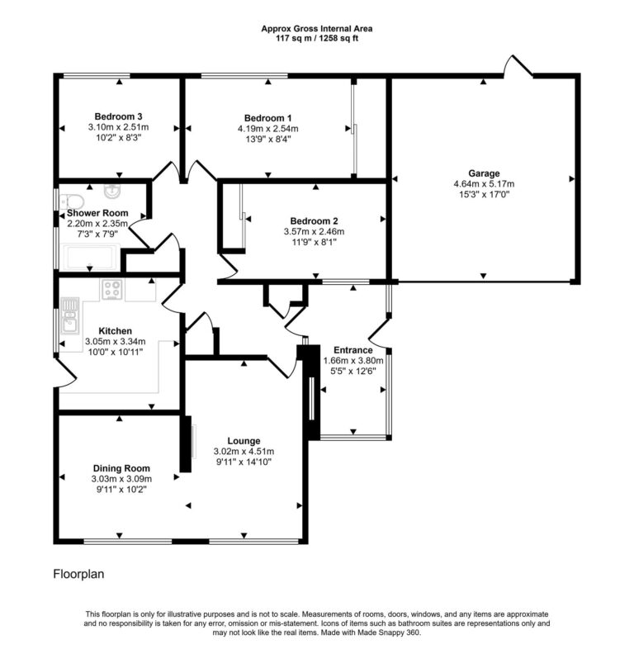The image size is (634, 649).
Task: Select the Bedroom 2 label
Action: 314,220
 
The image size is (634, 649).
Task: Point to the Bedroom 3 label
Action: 118,116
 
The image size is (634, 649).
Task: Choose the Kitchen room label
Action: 115,330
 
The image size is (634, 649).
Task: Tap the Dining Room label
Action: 120,467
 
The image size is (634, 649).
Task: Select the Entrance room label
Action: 352,349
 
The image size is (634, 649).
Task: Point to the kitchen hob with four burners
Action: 111,290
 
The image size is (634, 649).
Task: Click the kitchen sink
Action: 69,319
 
